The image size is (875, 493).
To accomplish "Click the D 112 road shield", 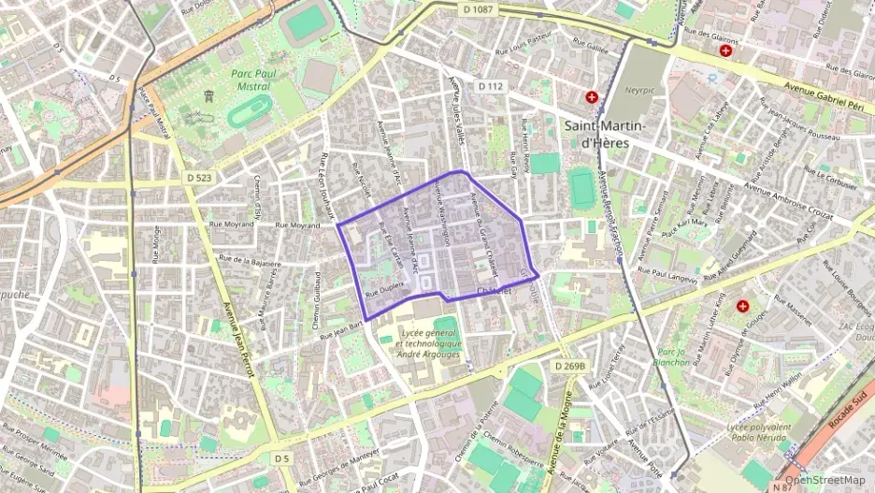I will coord(491,86).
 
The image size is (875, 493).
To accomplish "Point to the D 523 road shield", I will coord(197,178).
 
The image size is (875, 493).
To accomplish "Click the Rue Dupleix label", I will coord(385,291).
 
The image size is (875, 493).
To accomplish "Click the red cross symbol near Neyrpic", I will coord(591,96).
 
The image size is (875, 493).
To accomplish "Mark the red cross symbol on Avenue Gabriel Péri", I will coord(725,51).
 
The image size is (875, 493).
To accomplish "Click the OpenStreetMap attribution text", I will coord(825,480).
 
